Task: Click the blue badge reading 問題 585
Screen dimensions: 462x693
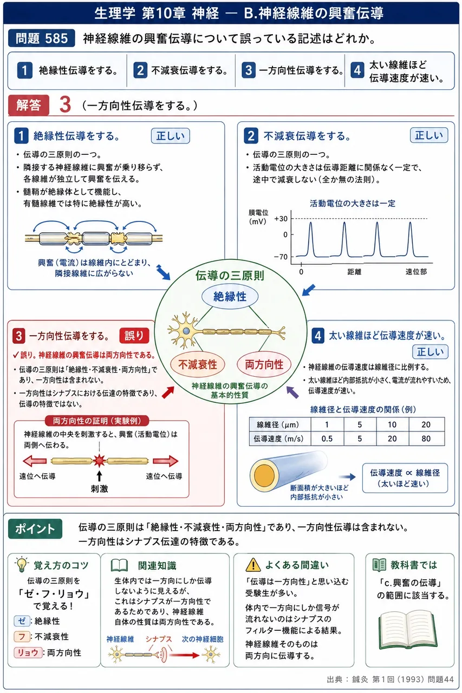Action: [42, 38]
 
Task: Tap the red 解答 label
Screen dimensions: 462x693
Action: [29, 105]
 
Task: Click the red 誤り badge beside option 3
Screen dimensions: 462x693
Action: [134, 336]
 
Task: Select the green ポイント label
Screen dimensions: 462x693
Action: [35, 529]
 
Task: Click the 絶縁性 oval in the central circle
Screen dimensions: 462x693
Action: [230, 296]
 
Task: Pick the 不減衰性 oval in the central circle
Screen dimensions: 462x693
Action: [198, 364]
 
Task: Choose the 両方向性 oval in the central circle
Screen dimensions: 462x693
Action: [264, 364]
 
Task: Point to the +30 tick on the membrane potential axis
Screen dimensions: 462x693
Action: [281, 219]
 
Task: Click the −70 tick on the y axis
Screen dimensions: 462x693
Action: [281, 257]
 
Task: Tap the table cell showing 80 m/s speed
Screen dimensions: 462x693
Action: [426, 439]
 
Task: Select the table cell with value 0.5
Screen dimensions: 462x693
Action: [327, 439]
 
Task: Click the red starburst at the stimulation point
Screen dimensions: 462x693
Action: [99, 461]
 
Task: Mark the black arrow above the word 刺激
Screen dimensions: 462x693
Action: [99, 476]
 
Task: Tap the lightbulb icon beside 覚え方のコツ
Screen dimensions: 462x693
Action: [22, 565]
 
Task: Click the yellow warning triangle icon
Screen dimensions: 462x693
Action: [253, 565]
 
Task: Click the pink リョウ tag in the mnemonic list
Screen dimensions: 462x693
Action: [28, 652]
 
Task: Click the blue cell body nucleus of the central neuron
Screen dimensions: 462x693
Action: [186, 331]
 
